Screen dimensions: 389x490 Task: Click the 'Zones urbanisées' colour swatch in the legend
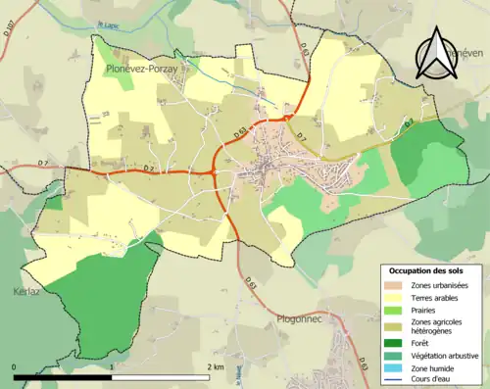tap(396, 285)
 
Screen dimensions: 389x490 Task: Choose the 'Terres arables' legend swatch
tap(396, 299)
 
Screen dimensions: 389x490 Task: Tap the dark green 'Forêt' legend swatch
tap(396, 343)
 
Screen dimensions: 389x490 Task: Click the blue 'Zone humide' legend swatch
tap(396, 369)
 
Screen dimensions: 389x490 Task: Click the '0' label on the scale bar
tap(14, 366)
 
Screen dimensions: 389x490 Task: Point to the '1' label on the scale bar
tap(113, 366)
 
